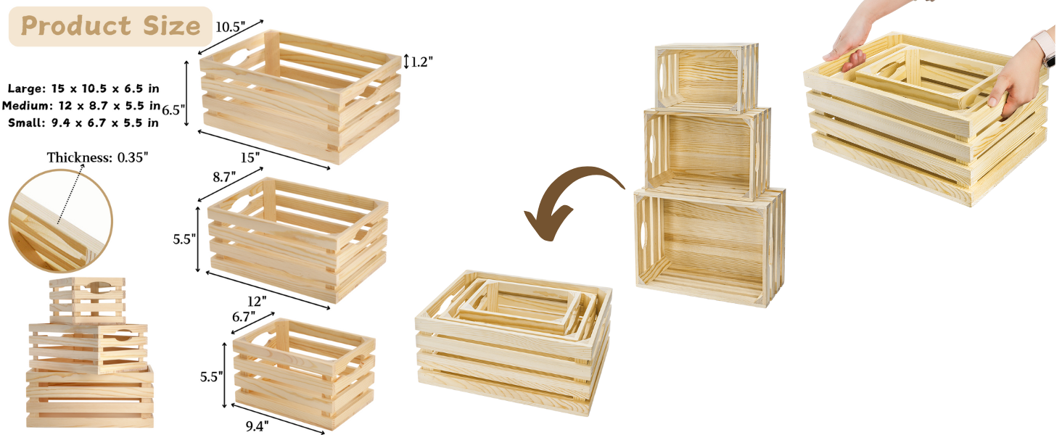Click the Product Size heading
pyautogui.click(x=110, y=26)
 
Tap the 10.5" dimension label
pyautogui.click(x=231, y=27)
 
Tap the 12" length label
pyautogui.click(x=257, y=299)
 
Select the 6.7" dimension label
pyautogui.click(x=245, y=316)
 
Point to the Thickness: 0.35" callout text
pyautogui.click(x=101, y=157)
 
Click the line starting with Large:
pyautogui.click(x=83, y=88)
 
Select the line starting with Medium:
pyautogui.click(x=81, y=106)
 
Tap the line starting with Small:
pyautogui.click(x=83, y=123)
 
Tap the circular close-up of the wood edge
pyautogui.click(x=61, y=221)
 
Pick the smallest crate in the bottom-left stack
pyautogui.click(x=87, y=299)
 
